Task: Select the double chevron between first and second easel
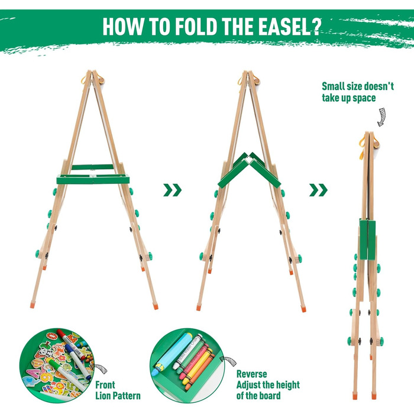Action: [173, 190]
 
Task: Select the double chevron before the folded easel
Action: [318, 190]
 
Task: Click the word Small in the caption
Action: [333, 86]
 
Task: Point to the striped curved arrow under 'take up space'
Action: [381, 117]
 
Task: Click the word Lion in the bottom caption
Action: [103, 396]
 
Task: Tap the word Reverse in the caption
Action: [251, 374]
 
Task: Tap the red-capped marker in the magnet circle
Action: [70, 342]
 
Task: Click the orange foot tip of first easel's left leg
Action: [32, 305]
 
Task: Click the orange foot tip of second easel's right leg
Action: [303, 309]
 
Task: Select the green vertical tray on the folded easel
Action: [367, 239]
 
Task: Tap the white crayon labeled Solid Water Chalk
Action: [187, 352]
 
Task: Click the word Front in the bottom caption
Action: [105, 384]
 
